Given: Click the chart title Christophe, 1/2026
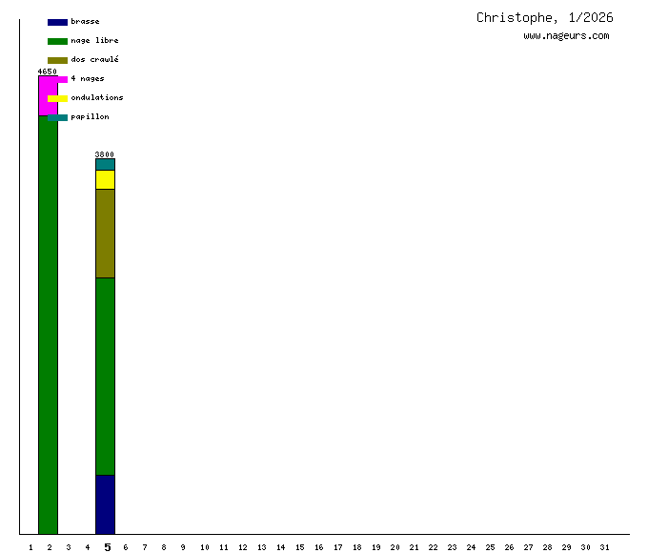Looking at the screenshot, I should click(x=544, y=17).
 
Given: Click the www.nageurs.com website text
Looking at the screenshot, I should click(x=566, y=36).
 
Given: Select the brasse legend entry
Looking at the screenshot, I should click(x=85, y=21).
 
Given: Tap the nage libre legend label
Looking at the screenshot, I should click(x=94, y=40).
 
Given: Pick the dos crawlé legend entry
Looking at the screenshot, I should click(x=94, y=59).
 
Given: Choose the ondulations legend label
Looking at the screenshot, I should click(x=96, y=97).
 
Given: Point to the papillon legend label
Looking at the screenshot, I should click(x=90, y=116).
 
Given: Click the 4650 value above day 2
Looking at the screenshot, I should click(x=48, y=72).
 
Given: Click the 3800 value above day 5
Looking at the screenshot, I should click(x=105, y=154).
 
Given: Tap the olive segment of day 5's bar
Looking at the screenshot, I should click(x=105, y=233).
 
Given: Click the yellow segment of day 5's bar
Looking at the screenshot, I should click(x=105, y=179).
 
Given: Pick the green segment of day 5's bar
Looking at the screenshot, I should click(x=105, y=376).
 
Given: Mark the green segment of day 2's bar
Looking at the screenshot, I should click(x=48, y=324).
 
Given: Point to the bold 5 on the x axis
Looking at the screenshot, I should click(x=107, y=547).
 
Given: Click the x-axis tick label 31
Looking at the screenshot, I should click(x=604, y=547).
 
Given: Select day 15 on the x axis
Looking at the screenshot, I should click(x=299, y=547).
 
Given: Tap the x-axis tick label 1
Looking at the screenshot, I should click(x=30, y=547).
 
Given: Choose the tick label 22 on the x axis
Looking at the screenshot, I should click(x=433, y=547).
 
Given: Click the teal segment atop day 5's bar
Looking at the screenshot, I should click(x=105, y=164).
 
